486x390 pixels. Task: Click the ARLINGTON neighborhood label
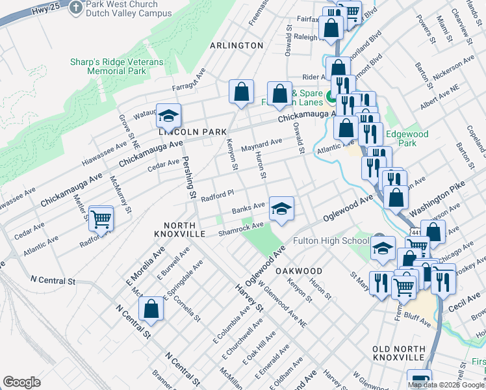(x=237, y=45)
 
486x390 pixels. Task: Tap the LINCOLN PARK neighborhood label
(x=192, y=132)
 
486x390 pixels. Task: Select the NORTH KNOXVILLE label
(x=184, y=228)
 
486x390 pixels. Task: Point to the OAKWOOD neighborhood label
(x=299, y=270)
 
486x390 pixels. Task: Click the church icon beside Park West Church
(x=77, y=6)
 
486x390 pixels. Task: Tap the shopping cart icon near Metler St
(x=101, y=220)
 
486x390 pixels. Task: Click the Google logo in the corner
(x=22, y=382)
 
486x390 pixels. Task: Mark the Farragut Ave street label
(x=188, y=79)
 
